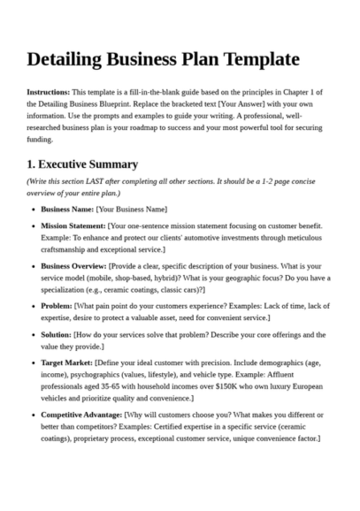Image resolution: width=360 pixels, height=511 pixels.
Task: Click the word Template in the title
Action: [x=254, y=59]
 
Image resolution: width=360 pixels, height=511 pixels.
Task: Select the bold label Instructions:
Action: [x=48, y=92]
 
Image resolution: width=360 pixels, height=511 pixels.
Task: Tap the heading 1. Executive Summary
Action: [x=82, y=164]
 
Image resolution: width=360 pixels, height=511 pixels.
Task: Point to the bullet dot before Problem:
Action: [x=33, y=305]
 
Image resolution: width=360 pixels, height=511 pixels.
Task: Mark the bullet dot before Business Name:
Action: [x=33, y=210]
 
